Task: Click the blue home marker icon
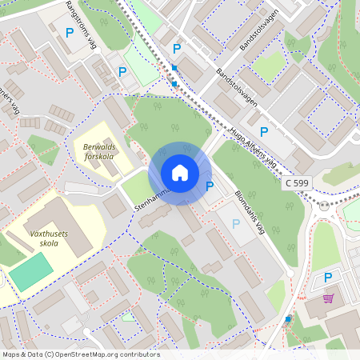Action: (179, 173)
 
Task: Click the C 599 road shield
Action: (297, 183)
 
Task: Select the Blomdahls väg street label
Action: (250, 205)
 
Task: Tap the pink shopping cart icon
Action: (328, 298)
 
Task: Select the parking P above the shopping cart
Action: (327, 278)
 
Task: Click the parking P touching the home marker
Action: (210, 186)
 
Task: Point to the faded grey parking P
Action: (236, 224)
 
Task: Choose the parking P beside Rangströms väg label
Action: (70, 33)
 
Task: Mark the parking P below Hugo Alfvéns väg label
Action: (263, 132)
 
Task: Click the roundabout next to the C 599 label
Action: (324, 205)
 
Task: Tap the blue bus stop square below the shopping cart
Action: (288, 318)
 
